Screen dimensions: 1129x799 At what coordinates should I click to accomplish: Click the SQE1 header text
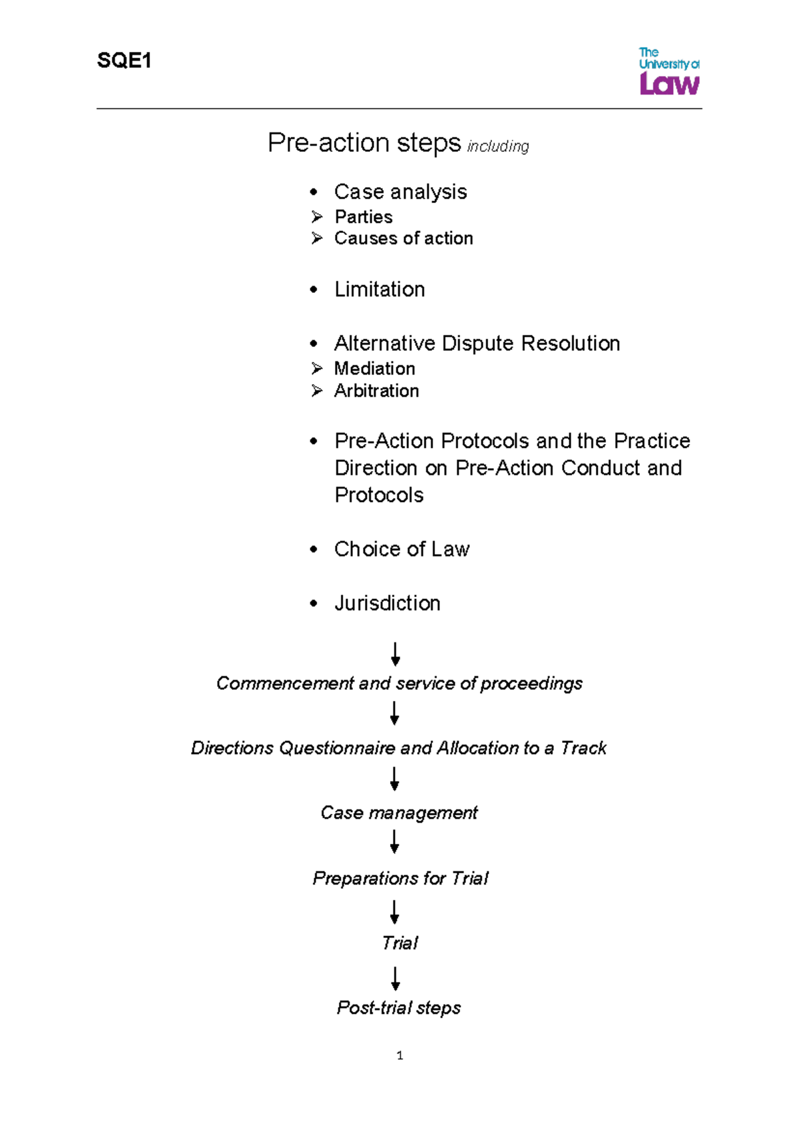pos(124,61)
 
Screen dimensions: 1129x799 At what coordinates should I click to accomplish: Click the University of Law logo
pos(668,71)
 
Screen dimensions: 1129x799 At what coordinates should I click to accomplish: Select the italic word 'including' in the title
pos(497,146)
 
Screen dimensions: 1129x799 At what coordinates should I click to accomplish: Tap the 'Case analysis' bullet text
pos(400,192)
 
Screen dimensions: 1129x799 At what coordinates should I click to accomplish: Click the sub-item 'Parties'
pos(363,217)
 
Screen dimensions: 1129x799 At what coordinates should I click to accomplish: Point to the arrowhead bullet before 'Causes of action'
pos(317,238)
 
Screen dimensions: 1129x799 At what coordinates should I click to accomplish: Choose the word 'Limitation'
pos(380,290)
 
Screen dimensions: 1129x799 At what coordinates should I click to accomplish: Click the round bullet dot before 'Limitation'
pos(314,290)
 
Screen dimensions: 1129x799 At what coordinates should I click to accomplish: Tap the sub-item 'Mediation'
pos(374,369)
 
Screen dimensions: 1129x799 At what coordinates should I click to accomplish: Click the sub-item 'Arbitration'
pos(376,391)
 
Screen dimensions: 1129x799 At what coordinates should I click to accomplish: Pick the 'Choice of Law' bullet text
pos(401,549)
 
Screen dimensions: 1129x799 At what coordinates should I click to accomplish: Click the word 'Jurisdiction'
pos(387,603)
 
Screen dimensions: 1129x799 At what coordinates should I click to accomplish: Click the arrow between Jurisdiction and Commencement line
pos(396,654)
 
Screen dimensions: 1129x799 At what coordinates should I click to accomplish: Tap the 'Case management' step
pos(399,813)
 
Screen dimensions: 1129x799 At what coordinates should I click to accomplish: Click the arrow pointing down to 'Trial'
pos(395,912)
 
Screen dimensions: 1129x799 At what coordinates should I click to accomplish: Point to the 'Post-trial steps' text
pos(398,1008)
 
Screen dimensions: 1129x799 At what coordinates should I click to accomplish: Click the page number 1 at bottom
pos(400,1055)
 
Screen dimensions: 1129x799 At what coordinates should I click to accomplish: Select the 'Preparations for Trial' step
pos(400,879)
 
